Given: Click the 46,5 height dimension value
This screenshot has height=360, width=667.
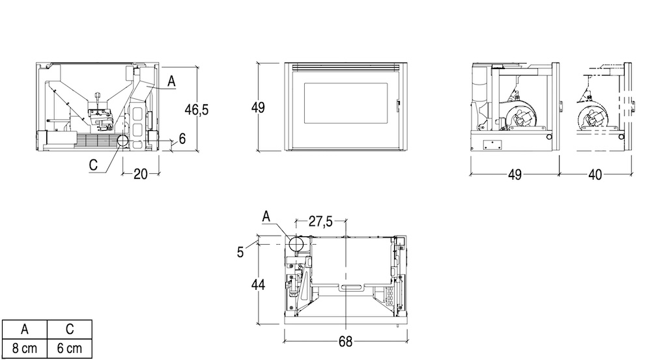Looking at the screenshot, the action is tap(197, 109).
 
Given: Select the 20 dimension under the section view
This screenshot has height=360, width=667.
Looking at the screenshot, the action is tap(141, 174).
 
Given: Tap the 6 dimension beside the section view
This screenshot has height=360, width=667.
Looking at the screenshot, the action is tap(182, 139).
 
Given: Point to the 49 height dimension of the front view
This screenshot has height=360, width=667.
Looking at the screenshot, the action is tap(258, 107).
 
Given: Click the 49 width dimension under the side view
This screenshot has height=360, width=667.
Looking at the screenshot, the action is tap(515, 174).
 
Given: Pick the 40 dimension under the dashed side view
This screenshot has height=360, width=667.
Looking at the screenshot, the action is tap(595, 174).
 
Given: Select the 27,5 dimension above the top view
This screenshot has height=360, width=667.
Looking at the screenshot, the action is tap(320, 221).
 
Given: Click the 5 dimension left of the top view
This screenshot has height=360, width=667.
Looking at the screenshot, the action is tap(240, 253).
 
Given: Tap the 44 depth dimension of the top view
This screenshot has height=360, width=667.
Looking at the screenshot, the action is tap(258, 284).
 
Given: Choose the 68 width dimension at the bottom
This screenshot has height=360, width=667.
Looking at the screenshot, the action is tap(345, 342).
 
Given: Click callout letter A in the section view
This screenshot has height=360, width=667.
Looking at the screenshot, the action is tap(171, 81).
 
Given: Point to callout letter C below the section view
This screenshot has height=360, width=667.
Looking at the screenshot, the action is tap(93, 165).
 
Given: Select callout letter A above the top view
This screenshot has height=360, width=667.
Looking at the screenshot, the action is tap(266, 216).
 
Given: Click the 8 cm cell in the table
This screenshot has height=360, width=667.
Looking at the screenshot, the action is tap(25, 349).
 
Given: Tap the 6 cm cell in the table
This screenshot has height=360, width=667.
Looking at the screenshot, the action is tap(69, 349).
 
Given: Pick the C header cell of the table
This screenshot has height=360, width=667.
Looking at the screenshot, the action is tap(69, 329).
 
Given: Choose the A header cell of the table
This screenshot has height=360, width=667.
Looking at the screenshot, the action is tap(25, 329).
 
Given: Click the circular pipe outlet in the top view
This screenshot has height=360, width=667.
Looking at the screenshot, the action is tap(296, 244).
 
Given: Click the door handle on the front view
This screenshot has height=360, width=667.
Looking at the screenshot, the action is tap(399, 105).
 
